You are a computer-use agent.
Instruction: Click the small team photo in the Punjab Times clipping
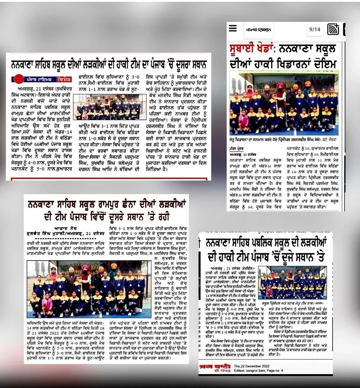[108, 107]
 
